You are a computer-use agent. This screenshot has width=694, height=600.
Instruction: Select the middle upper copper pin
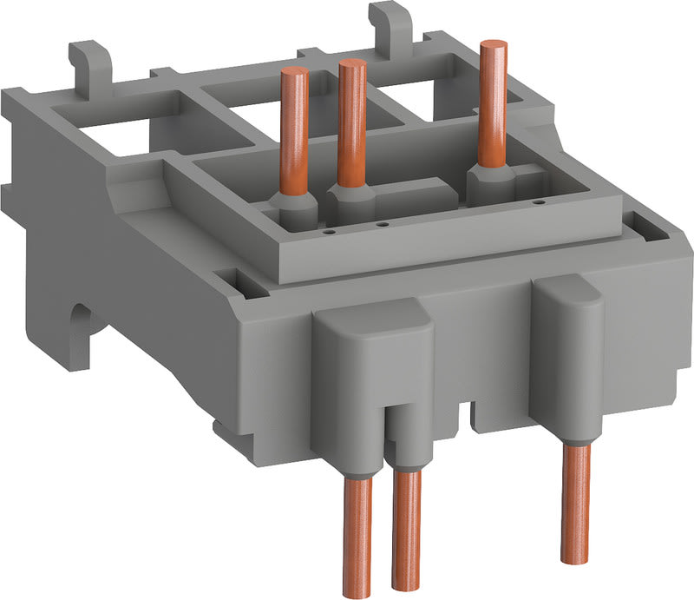tap(351, 122)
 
